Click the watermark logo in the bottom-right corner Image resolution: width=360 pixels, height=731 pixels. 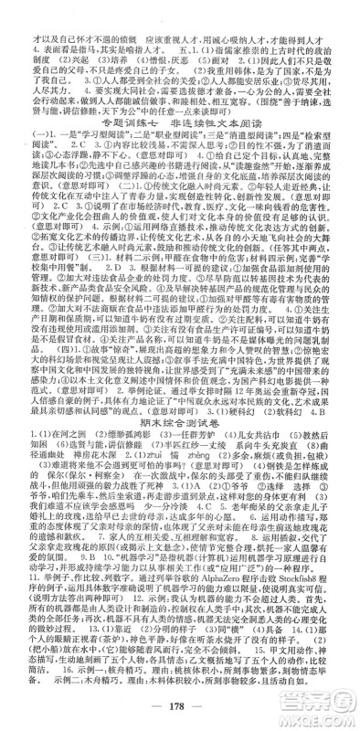[315, 703]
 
